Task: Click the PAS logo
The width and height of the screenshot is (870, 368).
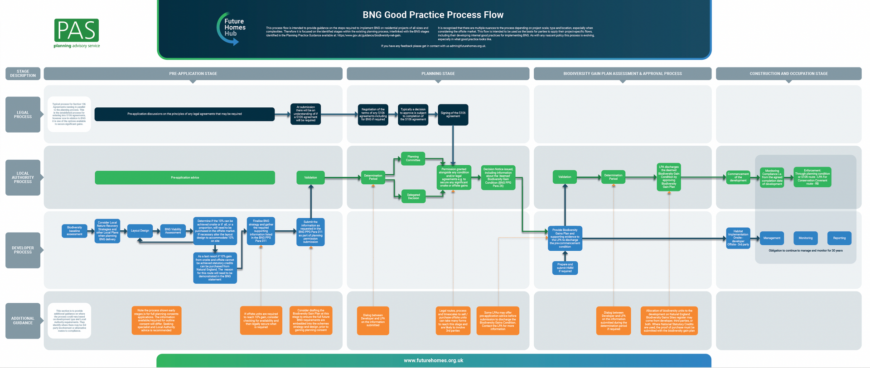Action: pos(76,32)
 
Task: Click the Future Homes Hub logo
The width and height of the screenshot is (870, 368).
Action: pos(232,28)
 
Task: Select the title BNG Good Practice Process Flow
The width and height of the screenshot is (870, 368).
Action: pos(433,15)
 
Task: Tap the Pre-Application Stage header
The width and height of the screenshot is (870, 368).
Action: pos(193,73)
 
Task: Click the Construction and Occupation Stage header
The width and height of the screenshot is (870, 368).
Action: pos(788,73)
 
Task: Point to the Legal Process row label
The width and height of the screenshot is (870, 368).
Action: pos(23,115)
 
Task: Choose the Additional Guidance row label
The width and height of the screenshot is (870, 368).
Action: pos(23,320)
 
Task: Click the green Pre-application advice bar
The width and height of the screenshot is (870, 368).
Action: pos(185,177)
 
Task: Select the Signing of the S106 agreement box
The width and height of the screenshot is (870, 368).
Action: pos(453,115)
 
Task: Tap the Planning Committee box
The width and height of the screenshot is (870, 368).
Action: pos(413,158)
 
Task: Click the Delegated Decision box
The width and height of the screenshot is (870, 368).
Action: pos(413,196)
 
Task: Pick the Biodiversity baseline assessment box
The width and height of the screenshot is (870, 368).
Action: pos(74,231)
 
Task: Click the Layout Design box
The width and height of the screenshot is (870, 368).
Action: pos(140,231)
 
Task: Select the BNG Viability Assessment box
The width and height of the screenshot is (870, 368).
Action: pos(173,231)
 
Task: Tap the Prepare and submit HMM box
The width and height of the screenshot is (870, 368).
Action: pos(565,268)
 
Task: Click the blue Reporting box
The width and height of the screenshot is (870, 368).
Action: pos(839,238)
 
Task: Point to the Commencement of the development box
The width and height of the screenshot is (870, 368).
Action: pos(738,177)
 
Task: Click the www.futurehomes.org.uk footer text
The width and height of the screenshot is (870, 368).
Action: pos(433,360)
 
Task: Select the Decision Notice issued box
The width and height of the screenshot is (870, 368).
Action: pos(498,177)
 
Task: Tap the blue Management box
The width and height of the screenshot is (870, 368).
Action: pos(772,238)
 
